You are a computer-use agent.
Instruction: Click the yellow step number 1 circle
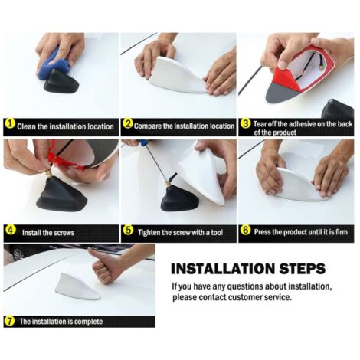[x=10, y=124]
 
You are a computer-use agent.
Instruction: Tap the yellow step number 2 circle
[x=128, y=124]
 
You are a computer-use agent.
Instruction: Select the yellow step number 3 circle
[x=246, y=124]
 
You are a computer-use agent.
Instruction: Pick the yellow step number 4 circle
[x=11, y=230]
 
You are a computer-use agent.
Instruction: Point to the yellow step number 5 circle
[x=128, y=230]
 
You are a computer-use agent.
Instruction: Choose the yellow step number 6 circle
[x=246, y=230]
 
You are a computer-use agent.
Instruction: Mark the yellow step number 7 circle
[x=9, y=321]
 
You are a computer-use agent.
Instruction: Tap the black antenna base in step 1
[x=61, y=83]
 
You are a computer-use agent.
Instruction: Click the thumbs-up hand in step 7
[x=106, y=266]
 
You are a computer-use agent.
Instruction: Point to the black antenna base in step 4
[x=61, y=194]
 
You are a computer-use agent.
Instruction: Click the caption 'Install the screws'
[x=48, y=233]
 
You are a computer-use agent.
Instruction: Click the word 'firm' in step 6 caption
[x=342, y=232]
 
